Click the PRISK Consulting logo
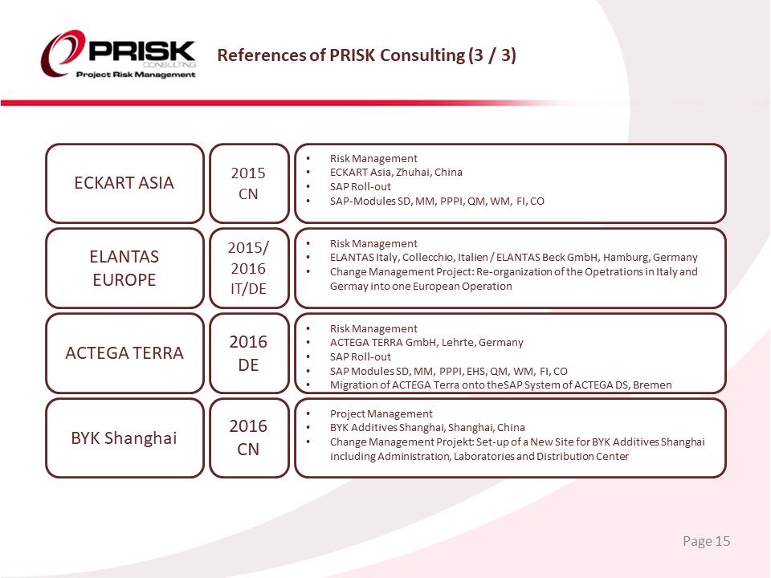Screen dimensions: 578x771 click(x=118, y=55)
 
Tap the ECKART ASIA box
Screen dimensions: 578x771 click(x=124, y=183)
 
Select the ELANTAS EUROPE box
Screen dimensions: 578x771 click(x=124, y=268)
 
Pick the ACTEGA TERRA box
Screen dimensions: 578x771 click(x=124, y=353)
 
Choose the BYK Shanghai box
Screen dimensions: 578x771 click(x=124, y=438)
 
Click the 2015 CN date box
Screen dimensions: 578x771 click(x=249, y=183)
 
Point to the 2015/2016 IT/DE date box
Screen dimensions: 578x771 click(x=249, y=268)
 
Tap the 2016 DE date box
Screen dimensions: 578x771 click(x=249, y=353)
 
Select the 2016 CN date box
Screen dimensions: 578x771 click(x=249, y=438)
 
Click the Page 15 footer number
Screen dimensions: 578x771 click(x=706, y=542)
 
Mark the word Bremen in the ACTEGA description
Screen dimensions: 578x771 click(x=652, y=385)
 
